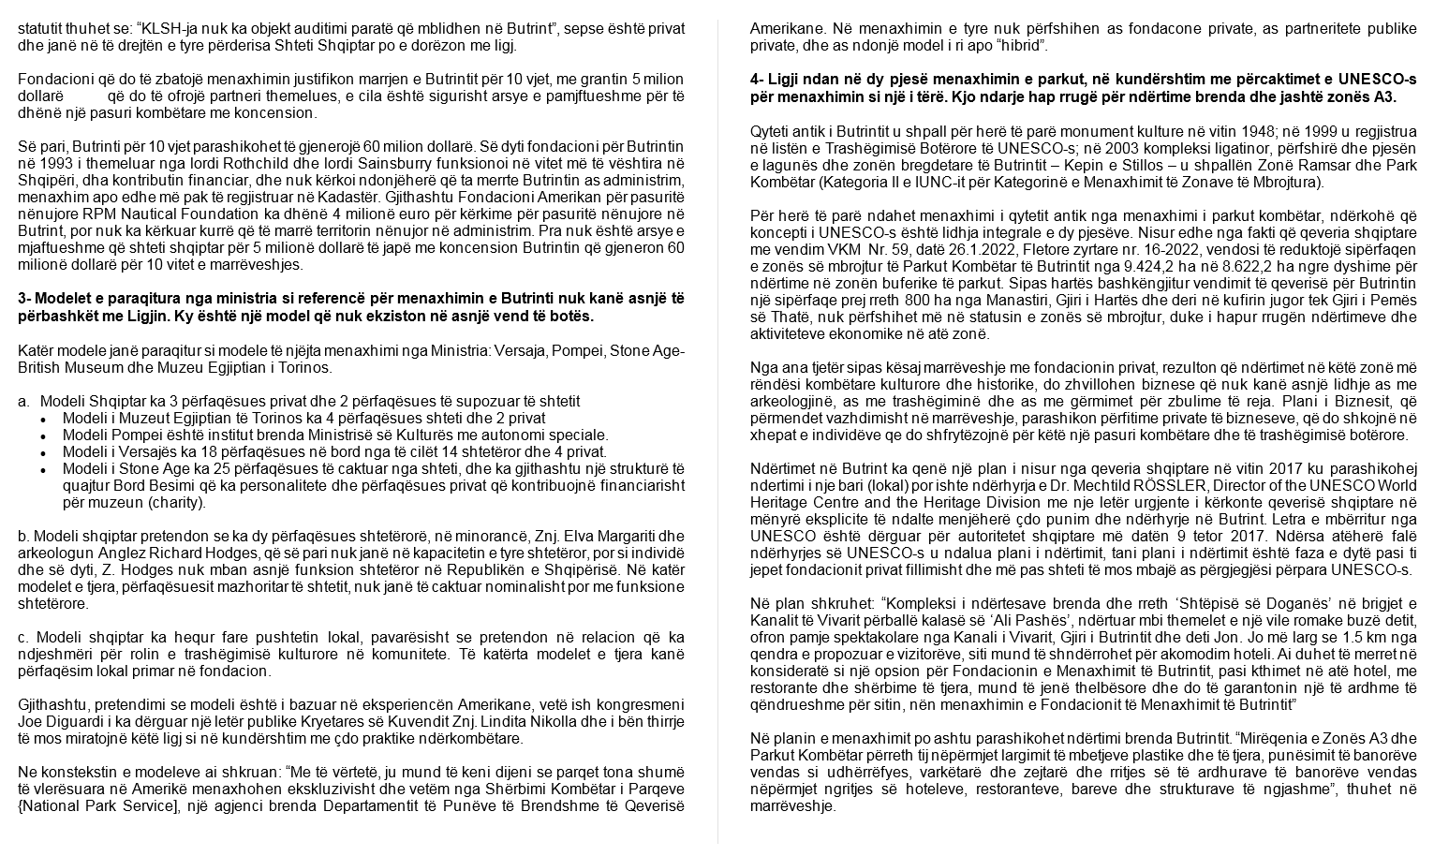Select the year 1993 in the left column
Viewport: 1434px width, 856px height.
coord(55,162)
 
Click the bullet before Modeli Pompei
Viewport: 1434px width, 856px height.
coord(43,435)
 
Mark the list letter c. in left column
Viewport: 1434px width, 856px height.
coord(23,638)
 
